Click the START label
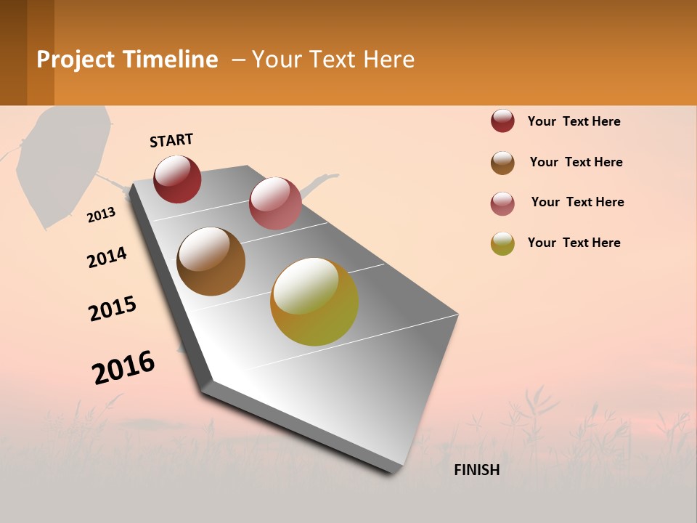point(171,140)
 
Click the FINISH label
point(477,470)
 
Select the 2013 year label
point(102,215)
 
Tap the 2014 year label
point(107,257)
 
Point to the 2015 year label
point(113,308)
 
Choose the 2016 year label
point(123,367)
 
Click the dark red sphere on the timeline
point(177,179)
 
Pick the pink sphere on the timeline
point(275,203)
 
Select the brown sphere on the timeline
point(211,261)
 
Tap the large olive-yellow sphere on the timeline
point(314,301)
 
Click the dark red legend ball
point(502,121)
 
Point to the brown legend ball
point(502,163)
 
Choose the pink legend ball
point(502,203)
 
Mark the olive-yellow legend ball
point(502,243)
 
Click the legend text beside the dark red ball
point(574,121)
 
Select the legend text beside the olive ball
point(574,243)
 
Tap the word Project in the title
point(76,60)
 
